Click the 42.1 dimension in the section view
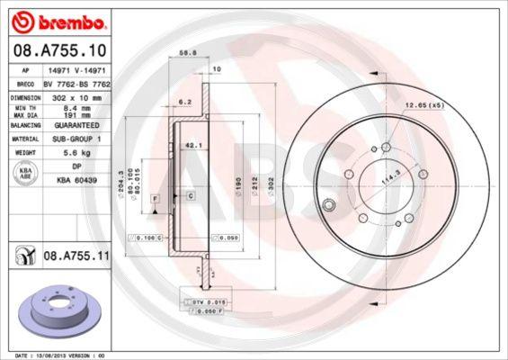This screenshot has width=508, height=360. point(191,143)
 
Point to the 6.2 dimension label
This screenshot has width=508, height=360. point(186,102)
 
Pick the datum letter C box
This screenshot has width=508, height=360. point(191,195)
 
